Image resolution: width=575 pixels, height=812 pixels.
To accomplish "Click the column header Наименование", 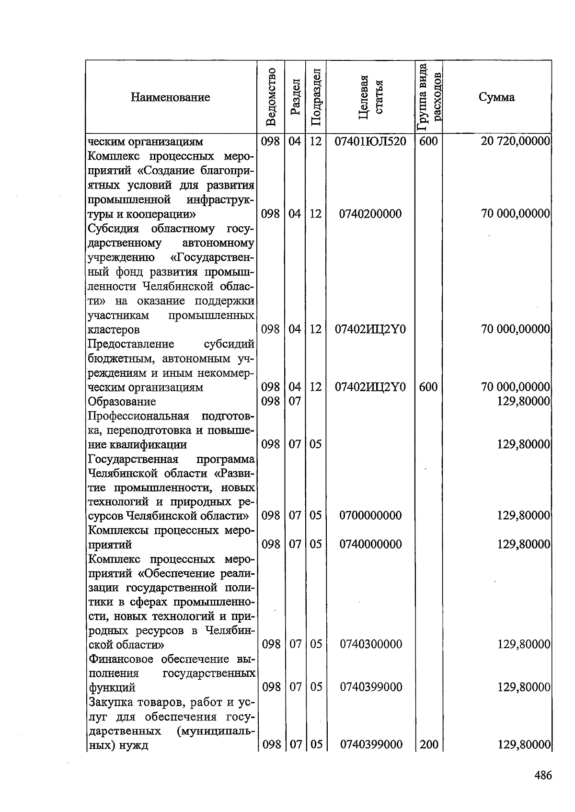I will [170, 98].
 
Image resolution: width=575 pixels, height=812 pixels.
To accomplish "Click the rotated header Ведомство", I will [271, 97].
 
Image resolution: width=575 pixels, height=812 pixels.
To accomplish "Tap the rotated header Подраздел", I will [315, 97].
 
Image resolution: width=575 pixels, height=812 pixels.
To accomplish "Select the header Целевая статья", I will [371, 97].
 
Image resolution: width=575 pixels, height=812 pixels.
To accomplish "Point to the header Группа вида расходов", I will [429, 97].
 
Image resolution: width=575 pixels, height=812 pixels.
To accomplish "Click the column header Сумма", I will [496, 97].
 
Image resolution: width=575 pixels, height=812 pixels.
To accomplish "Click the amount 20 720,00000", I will [515, 142].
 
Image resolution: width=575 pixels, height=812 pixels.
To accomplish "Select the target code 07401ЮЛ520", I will [370, 142].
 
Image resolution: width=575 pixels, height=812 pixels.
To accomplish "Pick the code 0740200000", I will [370, 214].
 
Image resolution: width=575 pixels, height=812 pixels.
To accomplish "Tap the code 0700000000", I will [370, 516].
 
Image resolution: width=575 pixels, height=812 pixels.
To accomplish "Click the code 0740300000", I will [370, 644].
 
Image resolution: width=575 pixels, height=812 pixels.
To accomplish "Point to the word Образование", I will [122, 401].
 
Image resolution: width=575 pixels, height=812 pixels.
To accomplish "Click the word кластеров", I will [114, 330].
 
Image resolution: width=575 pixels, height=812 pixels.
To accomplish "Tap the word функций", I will [112, 687].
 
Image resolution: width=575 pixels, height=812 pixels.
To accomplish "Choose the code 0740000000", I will [370, 545].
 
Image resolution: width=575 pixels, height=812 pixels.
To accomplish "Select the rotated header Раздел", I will [295, 97].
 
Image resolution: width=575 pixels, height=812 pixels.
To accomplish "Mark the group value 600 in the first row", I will [428, 142].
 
